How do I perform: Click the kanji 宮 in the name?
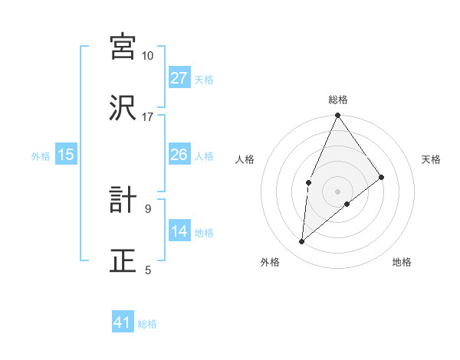123,47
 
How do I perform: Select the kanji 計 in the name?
123,200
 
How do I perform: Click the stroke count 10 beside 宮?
148,56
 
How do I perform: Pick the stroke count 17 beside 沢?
148,117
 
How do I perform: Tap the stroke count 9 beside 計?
148,208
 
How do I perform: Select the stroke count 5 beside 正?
148,270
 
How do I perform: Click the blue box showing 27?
179,77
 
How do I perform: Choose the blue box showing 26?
179,155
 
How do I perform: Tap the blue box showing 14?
179,231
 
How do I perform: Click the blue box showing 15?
66,155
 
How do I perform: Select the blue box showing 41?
123,322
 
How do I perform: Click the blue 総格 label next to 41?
148,324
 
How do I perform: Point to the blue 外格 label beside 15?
41,156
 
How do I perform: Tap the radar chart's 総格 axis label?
338,100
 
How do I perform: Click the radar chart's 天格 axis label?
431,159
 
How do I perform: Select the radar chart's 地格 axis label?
402,262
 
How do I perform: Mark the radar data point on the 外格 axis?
302,242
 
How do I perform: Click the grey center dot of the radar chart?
338,190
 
